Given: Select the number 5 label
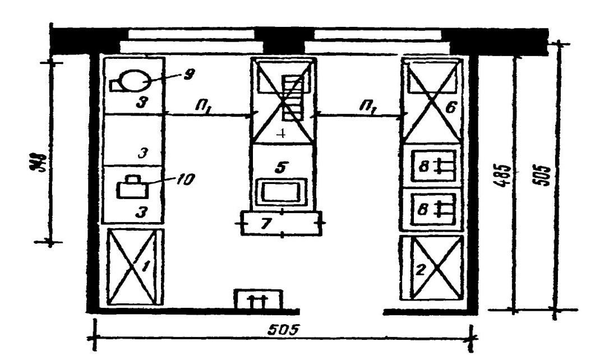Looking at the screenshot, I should pyautogui.click(x=280, y=167).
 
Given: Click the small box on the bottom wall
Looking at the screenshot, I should pyautogui.click(x=258, y=299).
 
